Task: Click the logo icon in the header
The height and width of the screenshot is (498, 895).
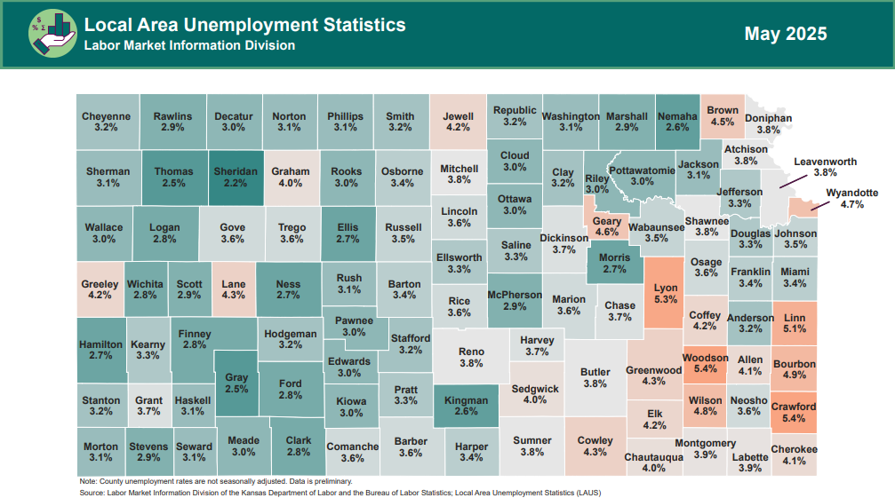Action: click(x=52, y=34)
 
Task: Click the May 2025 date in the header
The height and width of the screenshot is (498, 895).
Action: click(x=785, y=34)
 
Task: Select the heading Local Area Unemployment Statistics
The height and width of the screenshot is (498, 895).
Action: click(x=244, y=24)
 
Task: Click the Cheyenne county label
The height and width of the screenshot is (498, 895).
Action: click(x=106, y=116)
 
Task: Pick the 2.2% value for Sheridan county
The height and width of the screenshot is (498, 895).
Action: click(x=235, y=184)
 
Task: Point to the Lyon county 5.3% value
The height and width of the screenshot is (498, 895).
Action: click(x=665, y=300)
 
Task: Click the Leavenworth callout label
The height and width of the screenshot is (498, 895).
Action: click(x=825, y=162)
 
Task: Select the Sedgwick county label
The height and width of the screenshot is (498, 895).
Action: click(x=535, y=389)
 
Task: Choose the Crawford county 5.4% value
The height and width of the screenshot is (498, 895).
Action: click(x=793, y=418)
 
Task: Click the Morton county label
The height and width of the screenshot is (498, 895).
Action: click(x=100, y=447)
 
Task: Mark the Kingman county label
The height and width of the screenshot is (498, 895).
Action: click(x=466, y=400)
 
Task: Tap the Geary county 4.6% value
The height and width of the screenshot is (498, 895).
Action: click(x=607, y=232)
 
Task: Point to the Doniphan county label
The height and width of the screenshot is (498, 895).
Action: click(x=768, y=118)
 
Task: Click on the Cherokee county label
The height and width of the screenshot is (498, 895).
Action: click(x=794, y=449)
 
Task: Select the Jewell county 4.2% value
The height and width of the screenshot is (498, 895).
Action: click(x=458, y=128)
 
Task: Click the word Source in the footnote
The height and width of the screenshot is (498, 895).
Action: click(x=92, y=491)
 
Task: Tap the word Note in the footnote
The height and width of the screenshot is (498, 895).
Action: click(x=88, y=481)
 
